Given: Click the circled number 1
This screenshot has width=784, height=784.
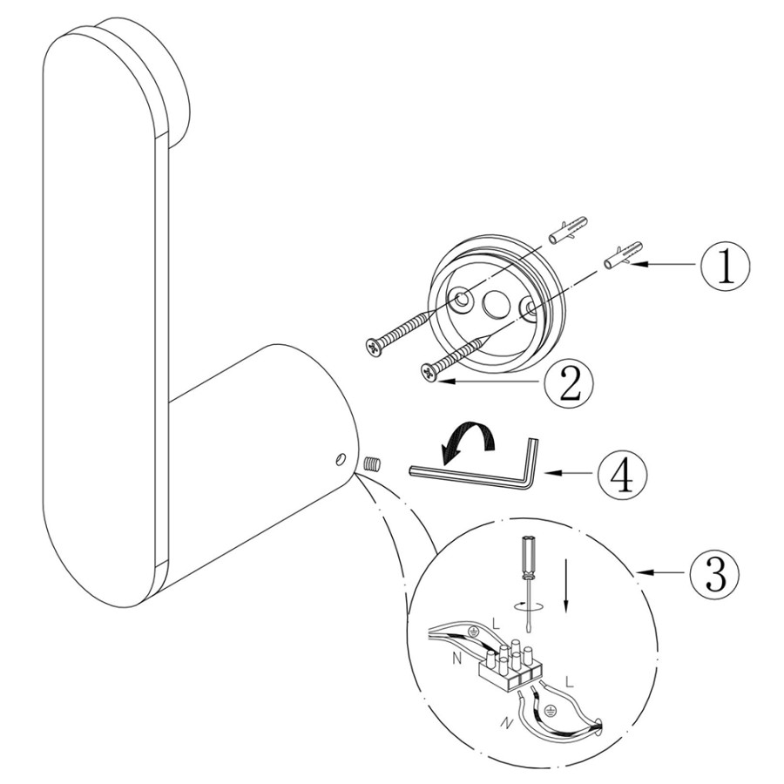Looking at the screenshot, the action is [x=726, y=267].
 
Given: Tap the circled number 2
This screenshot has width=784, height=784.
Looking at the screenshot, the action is [x=570, y=383].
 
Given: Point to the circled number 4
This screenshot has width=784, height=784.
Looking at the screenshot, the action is [x=624, y=471].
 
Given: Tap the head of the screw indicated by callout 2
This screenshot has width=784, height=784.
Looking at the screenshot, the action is [x=429, y=372].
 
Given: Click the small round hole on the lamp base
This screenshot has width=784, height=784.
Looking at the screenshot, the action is [x=341, y=458].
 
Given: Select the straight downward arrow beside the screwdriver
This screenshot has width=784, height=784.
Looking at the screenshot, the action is [x=566, y=585].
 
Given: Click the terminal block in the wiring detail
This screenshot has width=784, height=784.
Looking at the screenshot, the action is [x=510, y=667].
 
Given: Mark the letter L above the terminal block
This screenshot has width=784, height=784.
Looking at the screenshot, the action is [x=496, y=624].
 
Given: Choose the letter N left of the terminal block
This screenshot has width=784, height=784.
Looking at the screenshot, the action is [x=456, y=659].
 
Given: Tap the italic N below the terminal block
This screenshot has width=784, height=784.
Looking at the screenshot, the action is [x=505, y=722].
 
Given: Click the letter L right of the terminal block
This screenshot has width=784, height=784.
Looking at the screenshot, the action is [x=570, y=681].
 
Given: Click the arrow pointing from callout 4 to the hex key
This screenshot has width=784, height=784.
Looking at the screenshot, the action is [x=570, y=471].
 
